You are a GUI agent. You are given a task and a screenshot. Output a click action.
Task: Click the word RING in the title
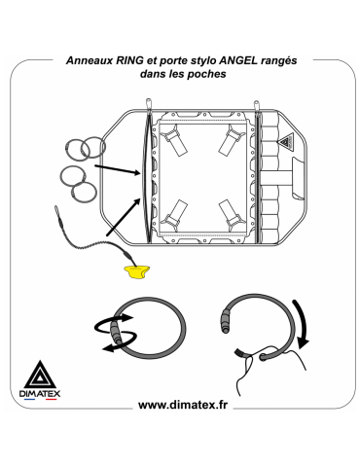[128, 60]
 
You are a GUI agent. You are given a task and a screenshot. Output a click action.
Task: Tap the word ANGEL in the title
[238, 60]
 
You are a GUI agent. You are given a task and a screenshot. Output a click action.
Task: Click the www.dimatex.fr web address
[183, 405]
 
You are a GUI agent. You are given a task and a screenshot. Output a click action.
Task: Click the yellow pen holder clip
[137, 271]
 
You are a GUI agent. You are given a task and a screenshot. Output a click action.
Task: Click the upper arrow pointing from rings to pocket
[118, 170]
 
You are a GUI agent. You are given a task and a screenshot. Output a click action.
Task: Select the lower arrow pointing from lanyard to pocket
[124, 217]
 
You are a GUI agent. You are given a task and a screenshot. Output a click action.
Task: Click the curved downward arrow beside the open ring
[303, 324]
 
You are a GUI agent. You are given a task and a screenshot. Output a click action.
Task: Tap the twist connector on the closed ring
[116, 333]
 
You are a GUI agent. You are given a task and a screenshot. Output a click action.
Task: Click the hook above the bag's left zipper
[149, 104]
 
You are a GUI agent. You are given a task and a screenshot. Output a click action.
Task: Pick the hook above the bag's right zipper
[257, 106]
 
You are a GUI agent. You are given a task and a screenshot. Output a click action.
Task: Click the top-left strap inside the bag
[175, 140]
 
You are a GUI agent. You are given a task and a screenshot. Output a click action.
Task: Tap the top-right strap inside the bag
[232, 139]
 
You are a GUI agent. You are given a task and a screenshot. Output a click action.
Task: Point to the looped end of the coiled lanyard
[56, 210]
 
